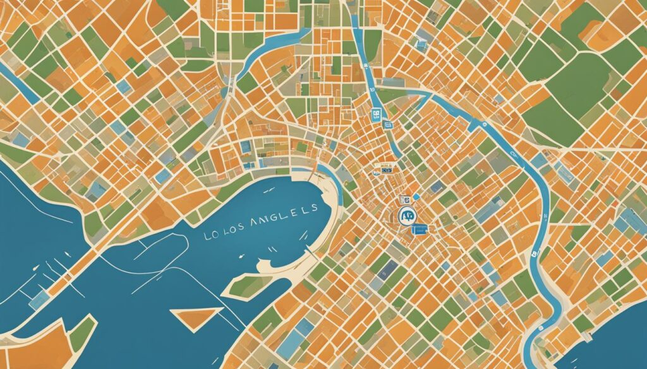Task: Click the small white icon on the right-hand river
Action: (x=535, y=255)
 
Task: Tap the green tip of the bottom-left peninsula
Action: (x=82, y=331)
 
